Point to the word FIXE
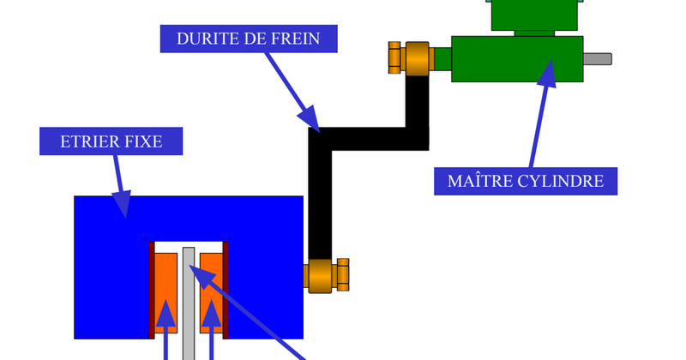pos(143,141)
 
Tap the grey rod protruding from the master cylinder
pos(597,58)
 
